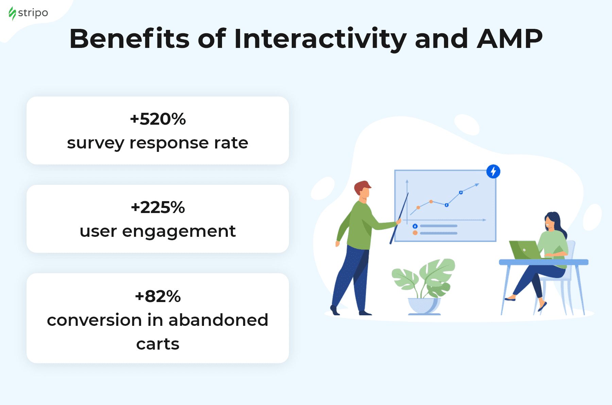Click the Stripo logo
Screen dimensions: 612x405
pos(28,14)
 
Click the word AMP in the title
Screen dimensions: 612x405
pos(510,39)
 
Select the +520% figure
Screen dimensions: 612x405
pos(158,119)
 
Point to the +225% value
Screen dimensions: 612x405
pos(158,207)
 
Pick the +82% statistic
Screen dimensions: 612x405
pos(158,296)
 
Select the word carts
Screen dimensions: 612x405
pos(158,344)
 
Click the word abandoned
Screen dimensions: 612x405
pos(218,320)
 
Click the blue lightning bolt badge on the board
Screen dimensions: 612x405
pos(493,171)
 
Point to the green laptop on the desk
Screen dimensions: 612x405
pos(525,250)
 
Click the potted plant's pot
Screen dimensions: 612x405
pos(424,306)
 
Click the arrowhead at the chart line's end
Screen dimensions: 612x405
pos(477,184)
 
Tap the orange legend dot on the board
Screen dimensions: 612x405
pos(415,233)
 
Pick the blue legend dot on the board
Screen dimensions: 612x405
pos(415,226)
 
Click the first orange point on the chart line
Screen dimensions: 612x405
pos(418,207)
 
